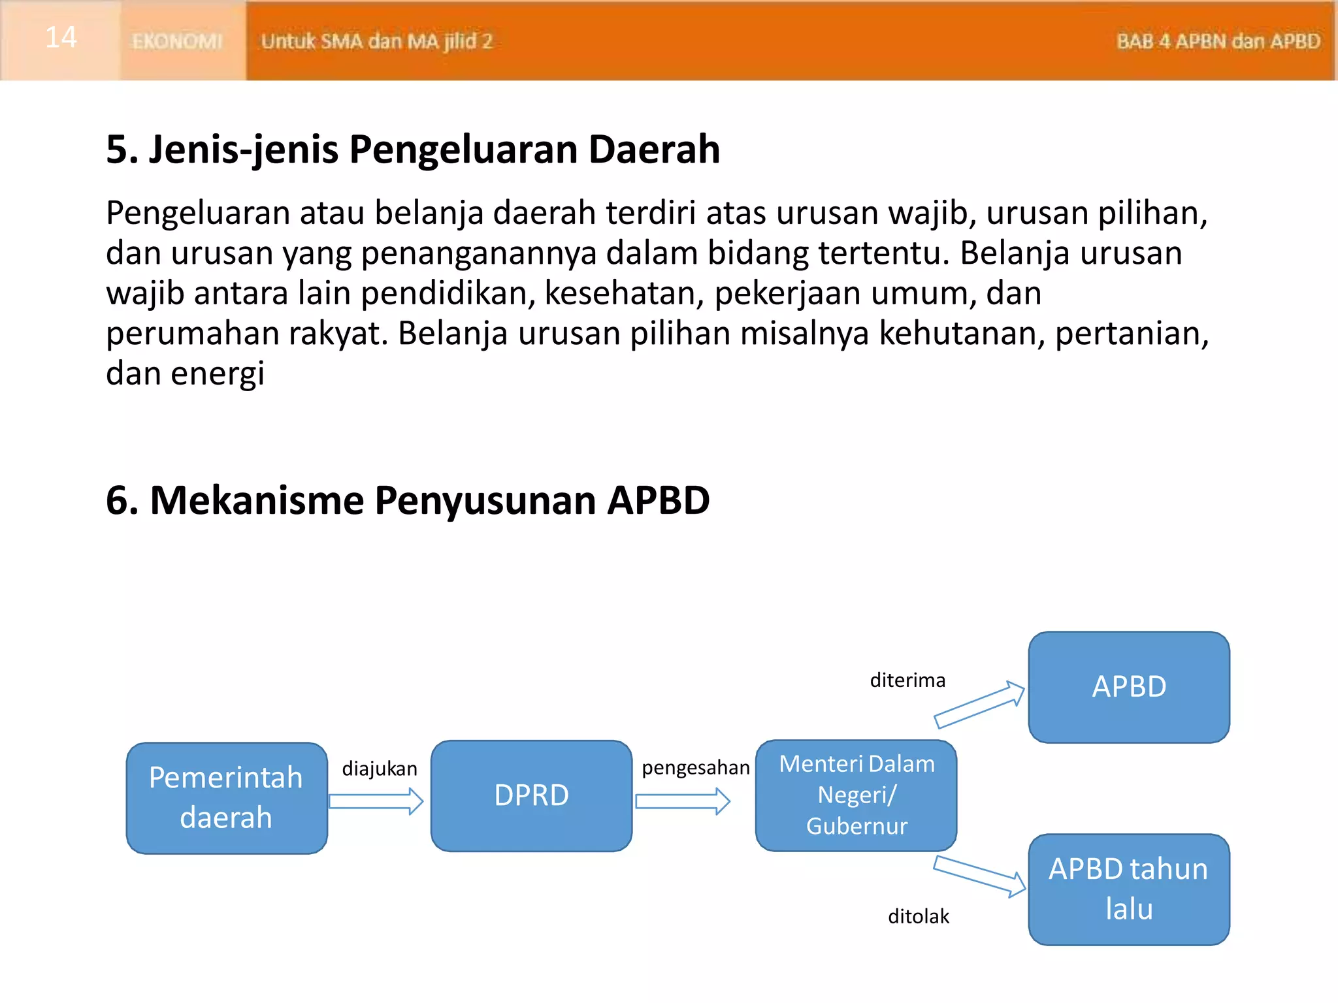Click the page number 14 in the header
[x=61, y=38]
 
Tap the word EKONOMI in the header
[x=177, y=42]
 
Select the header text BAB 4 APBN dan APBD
[x=1218, y=42]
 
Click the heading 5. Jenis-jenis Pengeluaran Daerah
[x=412, y=150]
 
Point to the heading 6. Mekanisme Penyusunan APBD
[x=407, y=501]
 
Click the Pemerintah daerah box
[x=226, y=798]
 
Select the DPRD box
[x=531, y=796]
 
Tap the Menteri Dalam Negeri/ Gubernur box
[x=856, y=795]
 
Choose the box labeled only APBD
[x=1128, y=687]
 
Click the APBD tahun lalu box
[x=1128, y=889]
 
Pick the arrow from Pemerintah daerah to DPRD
[x=376, y=801]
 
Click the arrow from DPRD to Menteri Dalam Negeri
[x=682, y=801]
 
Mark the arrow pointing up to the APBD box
[x=979, y=705]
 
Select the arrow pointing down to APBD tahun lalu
[x=979, y=877]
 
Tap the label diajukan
[x=380, y=769]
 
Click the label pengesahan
[x=695, y=768]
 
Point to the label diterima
[x=907, y=680]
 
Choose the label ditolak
[x=918, y=917]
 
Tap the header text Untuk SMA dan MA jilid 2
[x=376, y=42]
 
